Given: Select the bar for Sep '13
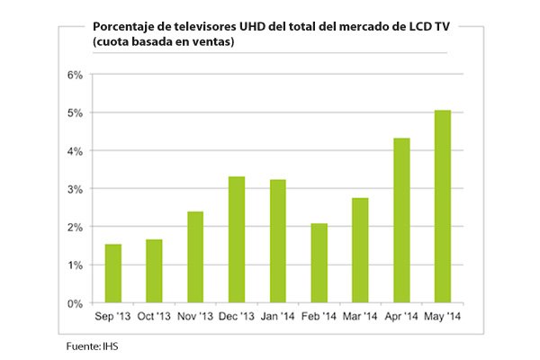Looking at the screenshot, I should (x=113, y=274).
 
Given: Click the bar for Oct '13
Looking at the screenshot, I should (x=154, y=271).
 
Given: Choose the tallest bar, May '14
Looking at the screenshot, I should (x=442, y=207).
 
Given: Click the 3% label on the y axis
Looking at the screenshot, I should (x=76, y=189).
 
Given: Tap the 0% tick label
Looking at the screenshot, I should (x=76, y=304).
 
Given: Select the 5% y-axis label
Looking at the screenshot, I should (x=76, y=113).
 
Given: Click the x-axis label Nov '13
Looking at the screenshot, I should (x=195, y=318).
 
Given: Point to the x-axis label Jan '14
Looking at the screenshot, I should (x=277, y=318).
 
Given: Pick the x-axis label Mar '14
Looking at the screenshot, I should (x=360, y=318).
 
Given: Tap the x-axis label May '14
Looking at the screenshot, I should (x=442, y=318).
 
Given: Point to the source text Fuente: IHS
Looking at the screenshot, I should (x=92, y=346).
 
